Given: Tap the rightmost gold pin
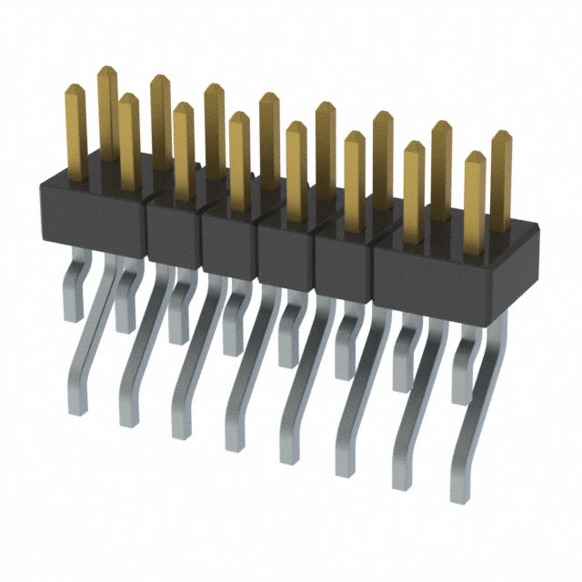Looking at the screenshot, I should coord(501,177).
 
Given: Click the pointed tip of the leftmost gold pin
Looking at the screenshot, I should coord(74,89).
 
